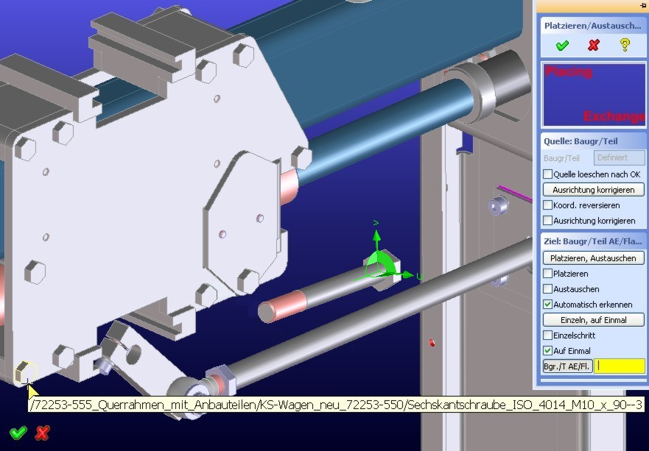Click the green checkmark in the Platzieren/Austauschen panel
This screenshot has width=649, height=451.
point(562,45)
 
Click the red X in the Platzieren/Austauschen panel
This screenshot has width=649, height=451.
point(594,45)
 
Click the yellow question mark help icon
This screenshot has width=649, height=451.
point(625,45)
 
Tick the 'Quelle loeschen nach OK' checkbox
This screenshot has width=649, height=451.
point(547,174)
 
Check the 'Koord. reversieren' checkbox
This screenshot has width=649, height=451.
point(547,205)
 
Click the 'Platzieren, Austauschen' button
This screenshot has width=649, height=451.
point(593,258)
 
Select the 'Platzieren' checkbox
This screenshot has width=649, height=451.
point(547,273)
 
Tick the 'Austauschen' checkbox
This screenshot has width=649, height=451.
point(547,289)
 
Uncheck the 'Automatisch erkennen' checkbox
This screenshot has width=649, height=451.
point(547,305)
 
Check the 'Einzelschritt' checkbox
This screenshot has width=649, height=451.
point(547,335)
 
